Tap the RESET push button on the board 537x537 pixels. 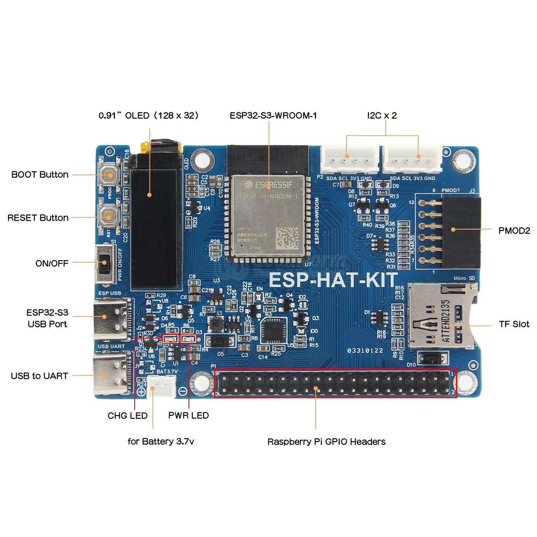pos(109,217)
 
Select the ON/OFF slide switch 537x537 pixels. pos(104,263)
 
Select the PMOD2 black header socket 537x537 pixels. pos(461,232)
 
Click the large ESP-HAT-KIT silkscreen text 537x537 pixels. pos(333,280)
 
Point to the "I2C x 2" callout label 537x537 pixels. pos(382,116)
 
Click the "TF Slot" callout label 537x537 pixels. pos(514,324)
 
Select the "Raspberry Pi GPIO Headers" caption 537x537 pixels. pos(326,442)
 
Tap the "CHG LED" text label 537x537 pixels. pos(127,416)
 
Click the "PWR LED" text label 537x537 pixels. pos(188,415)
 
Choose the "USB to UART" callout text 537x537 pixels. pos(39,376)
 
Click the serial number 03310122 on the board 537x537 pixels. pos(365,350)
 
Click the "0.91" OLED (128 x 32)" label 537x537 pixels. pos(149,116)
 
